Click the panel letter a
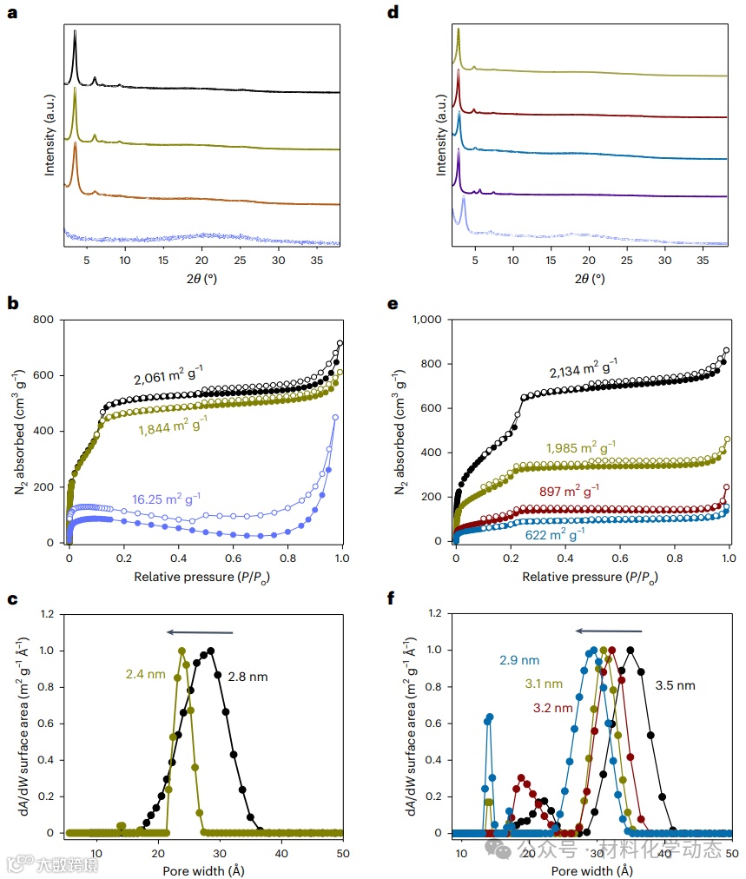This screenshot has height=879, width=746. [x=12, y=12]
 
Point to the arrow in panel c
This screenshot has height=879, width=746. [x=201, y=632]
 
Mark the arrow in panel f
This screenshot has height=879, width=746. [x=609, y=631]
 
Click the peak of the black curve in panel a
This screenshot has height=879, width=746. [x=75, y=32]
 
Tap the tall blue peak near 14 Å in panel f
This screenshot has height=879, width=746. [x=490, y=717]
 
